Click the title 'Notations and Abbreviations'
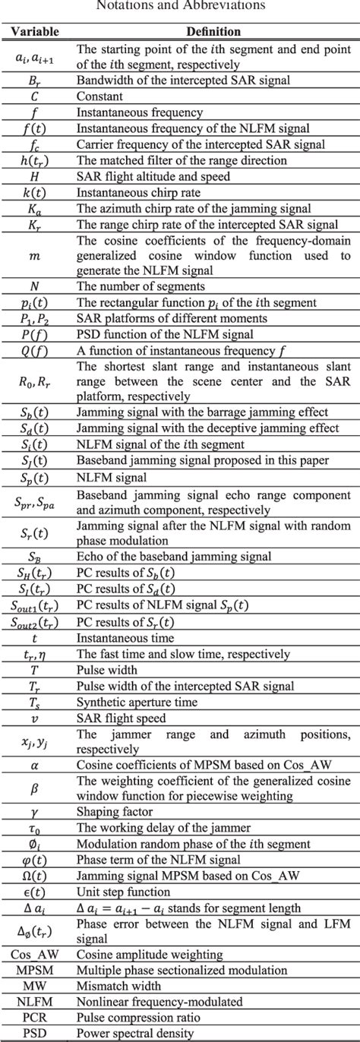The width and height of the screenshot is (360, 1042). point(179,5)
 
